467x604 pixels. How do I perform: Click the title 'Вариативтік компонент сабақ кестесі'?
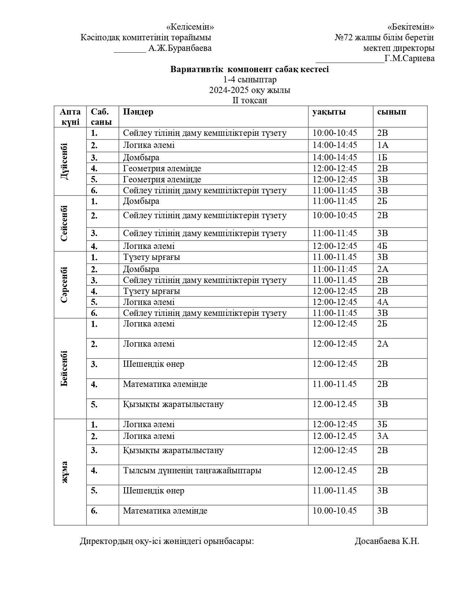point(249,69)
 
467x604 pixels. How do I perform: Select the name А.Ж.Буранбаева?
point(180,48)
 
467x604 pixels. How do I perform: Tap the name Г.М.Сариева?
point(409,59)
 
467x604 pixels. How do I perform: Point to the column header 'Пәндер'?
point(138,112)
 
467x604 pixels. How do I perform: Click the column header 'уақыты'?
point(329,112)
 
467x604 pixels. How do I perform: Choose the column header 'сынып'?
point(392,112)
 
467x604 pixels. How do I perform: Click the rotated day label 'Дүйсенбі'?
point(64,161)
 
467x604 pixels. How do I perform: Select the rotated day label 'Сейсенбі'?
point(64,223)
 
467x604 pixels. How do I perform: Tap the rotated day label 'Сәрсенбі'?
point(64,284)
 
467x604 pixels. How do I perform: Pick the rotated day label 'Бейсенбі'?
point(64,368)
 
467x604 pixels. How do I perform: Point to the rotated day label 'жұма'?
point(64,472)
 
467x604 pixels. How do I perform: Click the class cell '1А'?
point(383,145)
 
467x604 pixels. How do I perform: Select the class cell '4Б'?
point(383,246)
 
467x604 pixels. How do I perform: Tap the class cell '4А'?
point(383,302)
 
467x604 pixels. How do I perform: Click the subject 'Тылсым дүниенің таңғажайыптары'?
point(192,470)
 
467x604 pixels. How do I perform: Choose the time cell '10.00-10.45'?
point(334,511)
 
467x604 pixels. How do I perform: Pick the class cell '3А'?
point(383,436)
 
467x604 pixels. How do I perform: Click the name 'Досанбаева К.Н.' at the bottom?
point(387,541)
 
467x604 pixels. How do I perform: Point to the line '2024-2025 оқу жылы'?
point(249,90)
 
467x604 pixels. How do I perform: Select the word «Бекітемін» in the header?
point(411,27)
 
